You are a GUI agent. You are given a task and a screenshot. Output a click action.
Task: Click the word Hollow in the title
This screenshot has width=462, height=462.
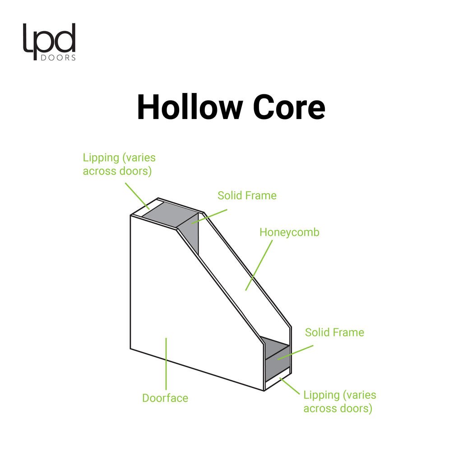(189, 107)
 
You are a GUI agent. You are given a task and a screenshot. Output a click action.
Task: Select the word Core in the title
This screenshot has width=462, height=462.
(289, 107)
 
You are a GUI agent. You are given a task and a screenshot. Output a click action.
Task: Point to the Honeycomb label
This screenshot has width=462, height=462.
(289, 232)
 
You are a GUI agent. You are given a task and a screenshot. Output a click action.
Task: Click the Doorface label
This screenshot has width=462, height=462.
(165, 398)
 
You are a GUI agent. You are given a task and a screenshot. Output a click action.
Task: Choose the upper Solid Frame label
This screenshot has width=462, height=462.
(247, 195)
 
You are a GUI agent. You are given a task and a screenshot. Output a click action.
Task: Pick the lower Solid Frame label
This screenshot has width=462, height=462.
(334, 333)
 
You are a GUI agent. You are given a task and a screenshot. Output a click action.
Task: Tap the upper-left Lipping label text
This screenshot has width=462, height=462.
(119, 165)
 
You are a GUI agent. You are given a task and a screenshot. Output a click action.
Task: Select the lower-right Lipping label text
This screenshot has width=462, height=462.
(339, 402)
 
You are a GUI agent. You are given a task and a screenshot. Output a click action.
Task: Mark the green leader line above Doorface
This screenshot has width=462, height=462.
(166, 363)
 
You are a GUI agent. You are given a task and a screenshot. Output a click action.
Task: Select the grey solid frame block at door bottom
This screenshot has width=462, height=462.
(276, 361)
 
